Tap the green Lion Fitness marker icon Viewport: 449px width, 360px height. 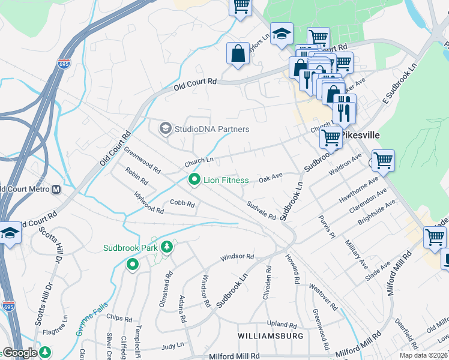(194, 179)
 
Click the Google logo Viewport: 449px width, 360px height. (19, 353)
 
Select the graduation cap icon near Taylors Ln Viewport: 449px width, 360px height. (280, 35)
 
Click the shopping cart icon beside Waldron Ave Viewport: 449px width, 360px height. (383, 160)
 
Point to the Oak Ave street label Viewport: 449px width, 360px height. (270, 178)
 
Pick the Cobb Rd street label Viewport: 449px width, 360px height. (182, 204)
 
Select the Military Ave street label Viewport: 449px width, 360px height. (356, 253)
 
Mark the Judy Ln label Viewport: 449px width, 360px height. (172, 346)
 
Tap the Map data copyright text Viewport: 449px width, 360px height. (423, 355)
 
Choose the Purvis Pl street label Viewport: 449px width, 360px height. (326, 226)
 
